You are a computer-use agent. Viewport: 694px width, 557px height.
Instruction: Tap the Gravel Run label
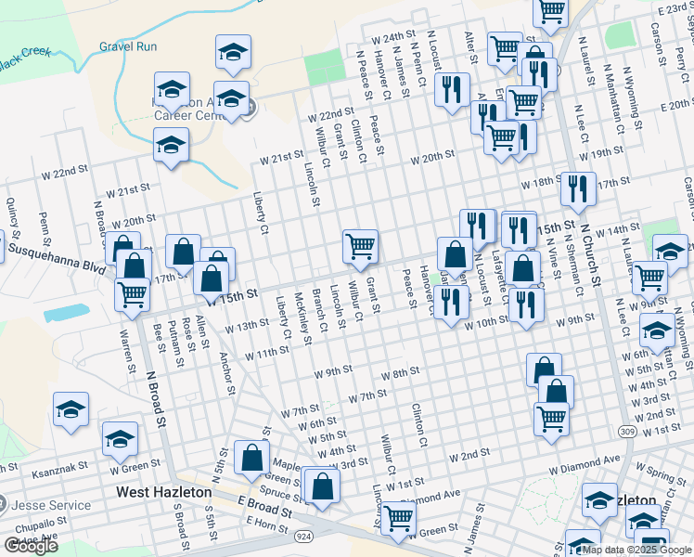[x=128, y=46]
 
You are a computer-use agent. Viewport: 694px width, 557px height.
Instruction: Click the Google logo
[x=31, y=546]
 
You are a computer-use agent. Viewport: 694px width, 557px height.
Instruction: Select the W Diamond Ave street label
[x=584, y=460]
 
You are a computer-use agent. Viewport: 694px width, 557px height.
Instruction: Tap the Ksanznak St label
[x=59, y=471]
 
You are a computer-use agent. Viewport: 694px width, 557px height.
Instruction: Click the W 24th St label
[x=393, y=38]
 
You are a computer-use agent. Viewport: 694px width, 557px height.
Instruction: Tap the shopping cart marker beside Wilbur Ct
[x=360, y=247]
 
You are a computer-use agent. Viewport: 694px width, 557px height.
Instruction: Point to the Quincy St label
[x=13, y=217]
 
